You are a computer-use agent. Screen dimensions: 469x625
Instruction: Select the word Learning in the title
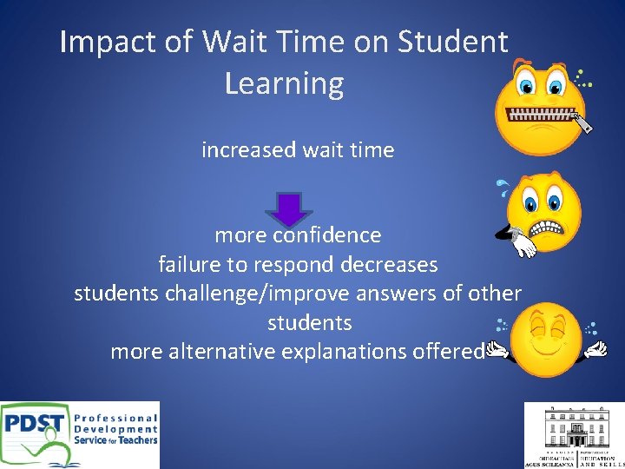coord(284,83)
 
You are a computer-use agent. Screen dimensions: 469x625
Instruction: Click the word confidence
coord(327,235)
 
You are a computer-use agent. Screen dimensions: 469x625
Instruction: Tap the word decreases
coord(391,264)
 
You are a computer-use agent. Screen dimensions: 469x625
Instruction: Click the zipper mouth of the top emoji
coord(542,115)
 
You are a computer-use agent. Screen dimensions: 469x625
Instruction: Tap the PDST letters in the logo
coord(35,424)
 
